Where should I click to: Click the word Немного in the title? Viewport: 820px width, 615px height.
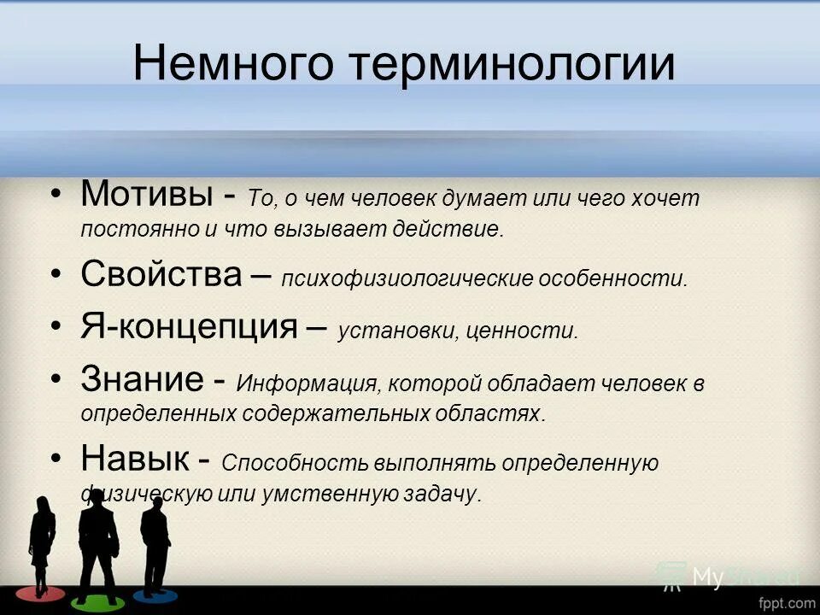(232, 64)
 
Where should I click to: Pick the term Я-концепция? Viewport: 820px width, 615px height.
(189, 326)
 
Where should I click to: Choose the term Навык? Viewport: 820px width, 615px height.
(135, 459)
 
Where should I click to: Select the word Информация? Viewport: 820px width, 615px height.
(302, 384)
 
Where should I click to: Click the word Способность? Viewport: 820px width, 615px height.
(294, 464)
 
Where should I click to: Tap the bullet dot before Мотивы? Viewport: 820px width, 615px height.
(56, 194)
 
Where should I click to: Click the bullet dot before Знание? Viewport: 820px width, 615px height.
(56, 378)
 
